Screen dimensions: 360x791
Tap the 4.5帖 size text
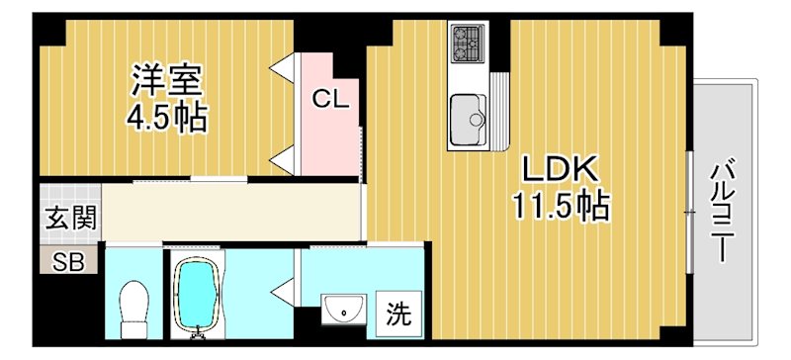[x=165, y=118]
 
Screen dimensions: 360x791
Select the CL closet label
[x=327, y=98]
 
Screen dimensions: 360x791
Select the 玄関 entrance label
[x=69, y=218]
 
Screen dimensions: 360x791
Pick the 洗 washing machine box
[x=398, y=315]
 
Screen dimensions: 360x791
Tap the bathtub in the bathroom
[x=198, y=294]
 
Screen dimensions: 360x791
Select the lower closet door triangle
[x=285, y=154]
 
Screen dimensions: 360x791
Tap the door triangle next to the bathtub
[x=285, y=291]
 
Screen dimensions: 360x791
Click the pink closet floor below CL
[x=327, y=143]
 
